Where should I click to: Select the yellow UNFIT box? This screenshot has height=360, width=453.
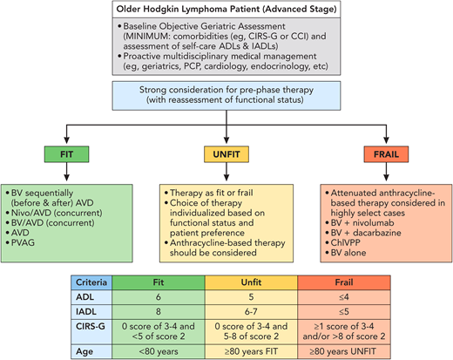tap(226, 155)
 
